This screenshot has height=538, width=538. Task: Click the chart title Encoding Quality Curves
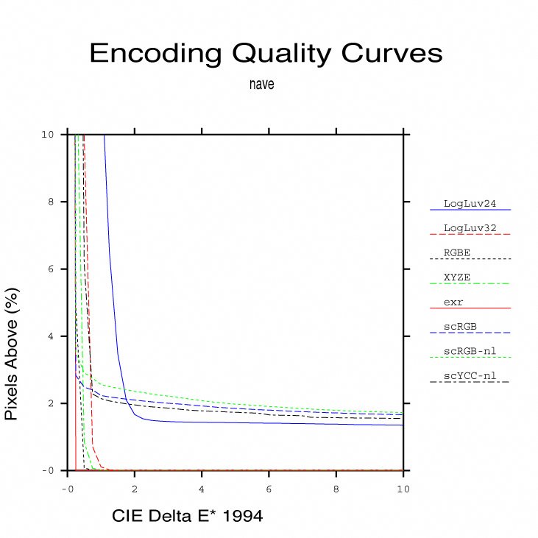point(266,53)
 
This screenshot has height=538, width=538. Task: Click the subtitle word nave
point(261,85)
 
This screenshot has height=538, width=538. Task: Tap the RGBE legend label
point(457,252)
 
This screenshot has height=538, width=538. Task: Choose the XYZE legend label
point(457,277)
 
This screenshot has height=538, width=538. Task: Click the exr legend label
point(453,302)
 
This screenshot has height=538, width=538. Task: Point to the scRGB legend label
point(459,326)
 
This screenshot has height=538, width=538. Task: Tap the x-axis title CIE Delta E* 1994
point(187,517)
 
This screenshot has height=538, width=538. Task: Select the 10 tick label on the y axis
point(47,135)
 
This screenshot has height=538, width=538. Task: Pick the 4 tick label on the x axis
point(202,489)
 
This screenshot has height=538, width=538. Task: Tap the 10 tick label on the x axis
point(403,489)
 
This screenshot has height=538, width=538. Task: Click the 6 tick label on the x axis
point(269,489)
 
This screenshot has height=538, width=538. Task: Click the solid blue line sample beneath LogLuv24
point(470,210)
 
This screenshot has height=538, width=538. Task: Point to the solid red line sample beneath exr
point(470,308)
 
